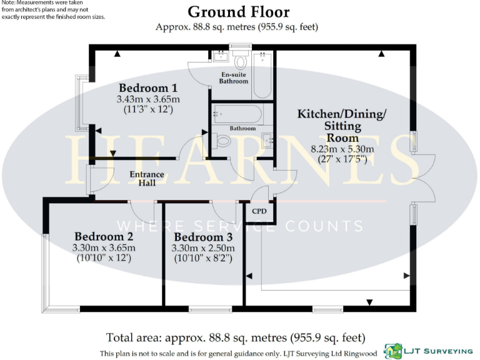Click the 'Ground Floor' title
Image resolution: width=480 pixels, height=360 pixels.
point(238,11)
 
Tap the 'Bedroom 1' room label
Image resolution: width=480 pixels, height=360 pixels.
point(144,88)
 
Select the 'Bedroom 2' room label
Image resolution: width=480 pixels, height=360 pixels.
point(104,237)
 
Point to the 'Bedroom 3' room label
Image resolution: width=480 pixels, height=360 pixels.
point(203,237)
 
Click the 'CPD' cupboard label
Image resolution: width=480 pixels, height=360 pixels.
point(259,211)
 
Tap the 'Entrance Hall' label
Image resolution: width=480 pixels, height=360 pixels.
point(146,178)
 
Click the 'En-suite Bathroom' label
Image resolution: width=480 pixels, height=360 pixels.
point(234,77)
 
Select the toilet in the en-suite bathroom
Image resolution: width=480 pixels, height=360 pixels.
point(239,60)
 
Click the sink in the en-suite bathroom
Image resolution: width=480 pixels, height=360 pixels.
point(220,58)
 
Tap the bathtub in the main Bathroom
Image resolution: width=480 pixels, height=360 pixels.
point(237,114)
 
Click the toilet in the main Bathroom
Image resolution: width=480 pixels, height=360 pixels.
point(222,141)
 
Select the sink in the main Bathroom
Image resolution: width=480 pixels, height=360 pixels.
point(267,140)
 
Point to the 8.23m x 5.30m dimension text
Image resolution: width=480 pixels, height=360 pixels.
point(342,149)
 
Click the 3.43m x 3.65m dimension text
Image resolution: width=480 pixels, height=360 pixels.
point(148,99)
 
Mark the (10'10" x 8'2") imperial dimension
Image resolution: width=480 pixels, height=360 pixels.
point(203,257)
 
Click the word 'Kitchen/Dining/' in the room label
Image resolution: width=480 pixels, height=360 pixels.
point(341,114)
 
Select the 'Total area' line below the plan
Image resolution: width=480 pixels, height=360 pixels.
point(236,337)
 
